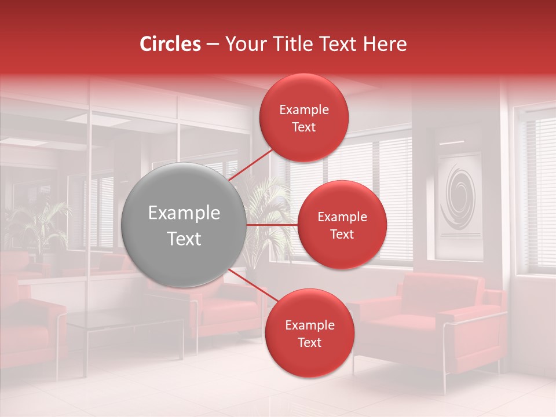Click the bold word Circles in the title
[x=170, y=44]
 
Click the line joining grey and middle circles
[x=272, y=225]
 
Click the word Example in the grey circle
[x=184, y=213]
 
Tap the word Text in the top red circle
[x=304, y=127]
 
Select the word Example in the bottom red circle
[x=309, y=325]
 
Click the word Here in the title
[x=389, y=44]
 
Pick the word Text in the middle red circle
[x=342, y=235]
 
